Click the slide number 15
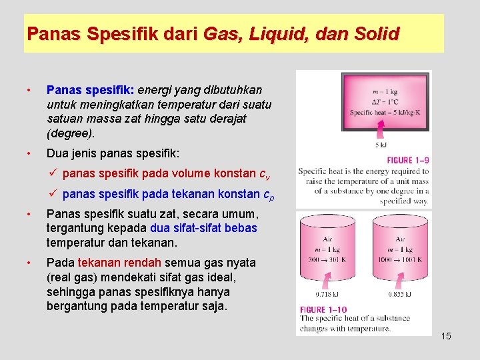click(446, 336)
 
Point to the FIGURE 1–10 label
click(323, 309)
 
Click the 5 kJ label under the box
click(381, 145)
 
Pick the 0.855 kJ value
click(400, 294)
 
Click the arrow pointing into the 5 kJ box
click(380, 132)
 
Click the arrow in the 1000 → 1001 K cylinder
click(400, 279)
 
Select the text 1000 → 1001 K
click(400, 260)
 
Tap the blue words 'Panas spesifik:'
click(90, 89)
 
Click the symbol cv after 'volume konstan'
click(264, 175)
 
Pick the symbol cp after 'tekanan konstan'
click(268, 195)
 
